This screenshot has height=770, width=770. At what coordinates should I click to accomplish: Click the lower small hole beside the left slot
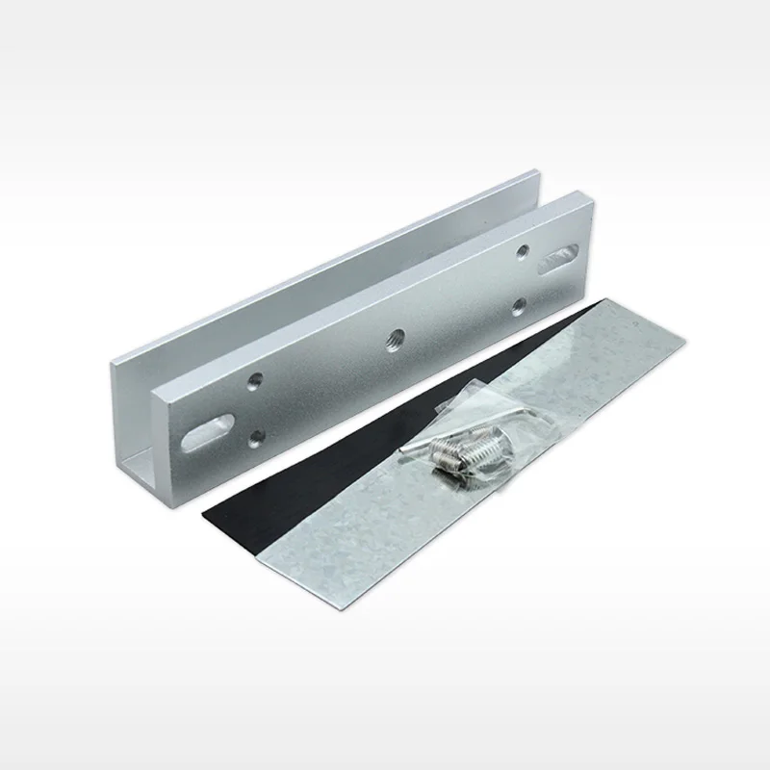255,438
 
